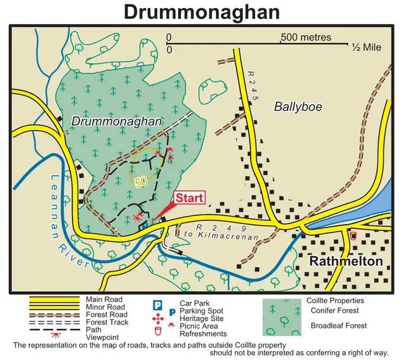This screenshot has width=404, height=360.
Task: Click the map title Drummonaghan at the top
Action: [201, 11]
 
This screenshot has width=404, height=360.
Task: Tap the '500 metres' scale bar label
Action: [306, 37]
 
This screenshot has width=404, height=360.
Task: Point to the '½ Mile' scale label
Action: [367, 47]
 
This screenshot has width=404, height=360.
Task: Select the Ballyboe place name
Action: [298, 107]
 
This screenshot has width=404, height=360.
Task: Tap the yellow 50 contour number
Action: [141, 181]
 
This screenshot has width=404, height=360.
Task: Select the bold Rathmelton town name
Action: [346, 261]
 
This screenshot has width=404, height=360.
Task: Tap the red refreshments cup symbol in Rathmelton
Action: [353, 236]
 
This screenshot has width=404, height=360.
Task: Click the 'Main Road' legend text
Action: [100, 299]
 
